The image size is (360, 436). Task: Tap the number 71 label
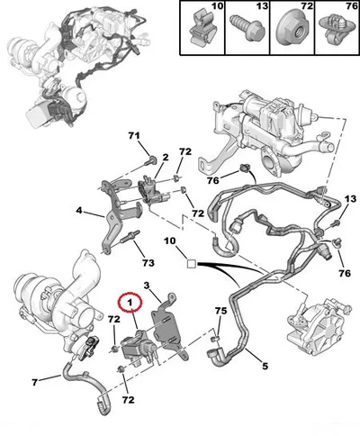(134, 136)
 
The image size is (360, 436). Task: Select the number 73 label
(148, 263)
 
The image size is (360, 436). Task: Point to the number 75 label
(221, 311)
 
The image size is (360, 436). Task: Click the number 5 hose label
(265, 366)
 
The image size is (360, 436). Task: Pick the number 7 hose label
(35, 382)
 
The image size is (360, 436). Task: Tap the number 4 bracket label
(78, 211)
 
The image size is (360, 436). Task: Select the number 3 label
(147, 286)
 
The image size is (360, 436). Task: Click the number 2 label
(166, 157)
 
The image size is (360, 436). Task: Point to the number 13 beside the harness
(350, 199)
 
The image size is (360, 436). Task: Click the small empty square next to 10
(192, 264)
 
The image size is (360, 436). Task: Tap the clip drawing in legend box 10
(199, 28)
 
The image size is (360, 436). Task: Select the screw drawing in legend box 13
(247, 27)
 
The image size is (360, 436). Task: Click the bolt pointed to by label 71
(150, 161)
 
